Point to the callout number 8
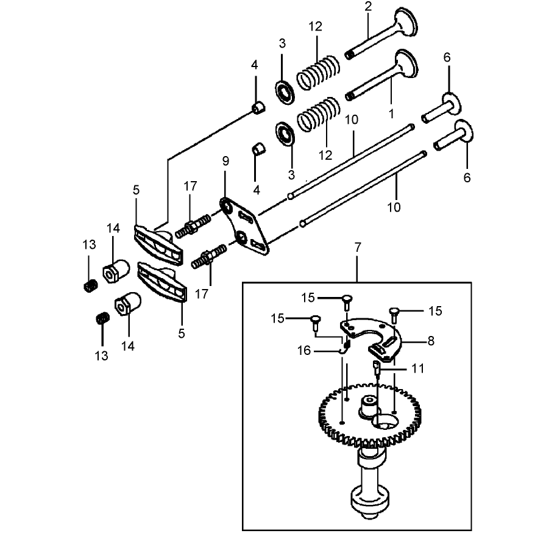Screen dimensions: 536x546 (431, 341)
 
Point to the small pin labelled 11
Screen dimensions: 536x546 (377, 367)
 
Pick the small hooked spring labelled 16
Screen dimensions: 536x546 (345, 346)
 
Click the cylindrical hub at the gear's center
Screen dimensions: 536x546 (369, 406)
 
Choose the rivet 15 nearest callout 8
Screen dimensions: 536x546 (394, 312)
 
